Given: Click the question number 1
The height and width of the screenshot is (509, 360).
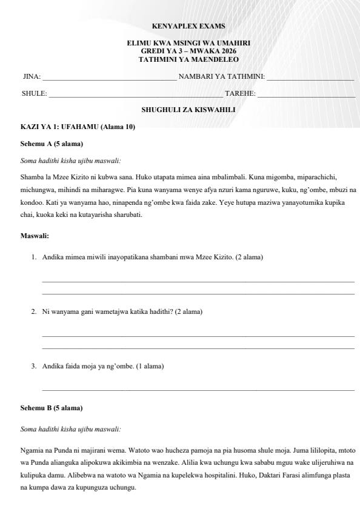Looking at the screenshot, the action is (34, 258).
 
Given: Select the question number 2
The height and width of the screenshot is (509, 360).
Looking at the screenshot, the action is (34, 311).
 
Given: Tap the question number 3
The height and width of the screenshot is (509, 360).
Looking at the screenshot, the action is (34, 366).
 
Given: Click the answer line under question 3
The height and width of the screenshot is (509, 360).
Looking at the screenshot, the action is (198, 390).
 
